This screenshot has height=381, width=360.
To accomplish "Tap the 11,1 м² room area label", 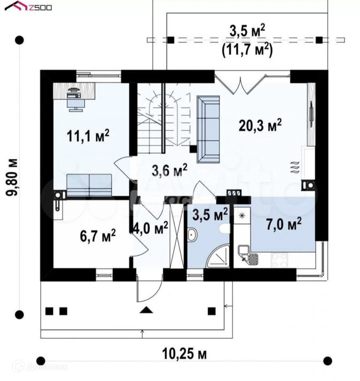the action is click(x=88, y=136).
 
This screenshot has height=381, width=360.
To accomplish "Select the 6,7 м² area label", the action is click(x=98, y=236).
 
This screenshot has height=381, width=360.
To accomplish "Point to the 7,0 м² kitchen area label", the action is click(x=284, y=224).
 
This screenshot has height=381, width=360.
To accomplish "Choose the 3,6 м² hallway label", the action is click(x=170, y=170).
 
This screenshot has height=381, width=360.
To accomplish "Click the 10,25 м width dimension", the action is click(x=184, y=354).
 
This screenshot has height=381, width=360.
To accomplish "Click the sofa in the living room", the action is click(x=208, y=129).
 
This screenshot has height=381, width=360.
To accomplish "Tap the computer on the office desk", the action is click(x=74, y=94).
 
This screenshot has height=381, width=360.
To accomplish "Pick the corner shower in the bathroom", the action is click(x=218, y=257).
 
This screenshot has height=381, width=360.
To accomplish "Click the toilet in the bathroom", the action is click(x=224, y=229).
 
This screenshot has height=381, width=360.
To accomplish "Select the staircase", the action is click(x=163, y=118).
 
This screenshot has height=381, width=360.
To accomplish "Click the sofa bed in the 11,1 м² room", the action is click(x=89, y=185).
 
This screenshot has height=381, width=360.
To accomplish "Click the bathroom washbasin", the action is click(x=192, y=235).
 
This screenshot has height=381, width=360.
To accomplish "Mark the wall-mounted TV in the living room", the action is click(x=311, y=114).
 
